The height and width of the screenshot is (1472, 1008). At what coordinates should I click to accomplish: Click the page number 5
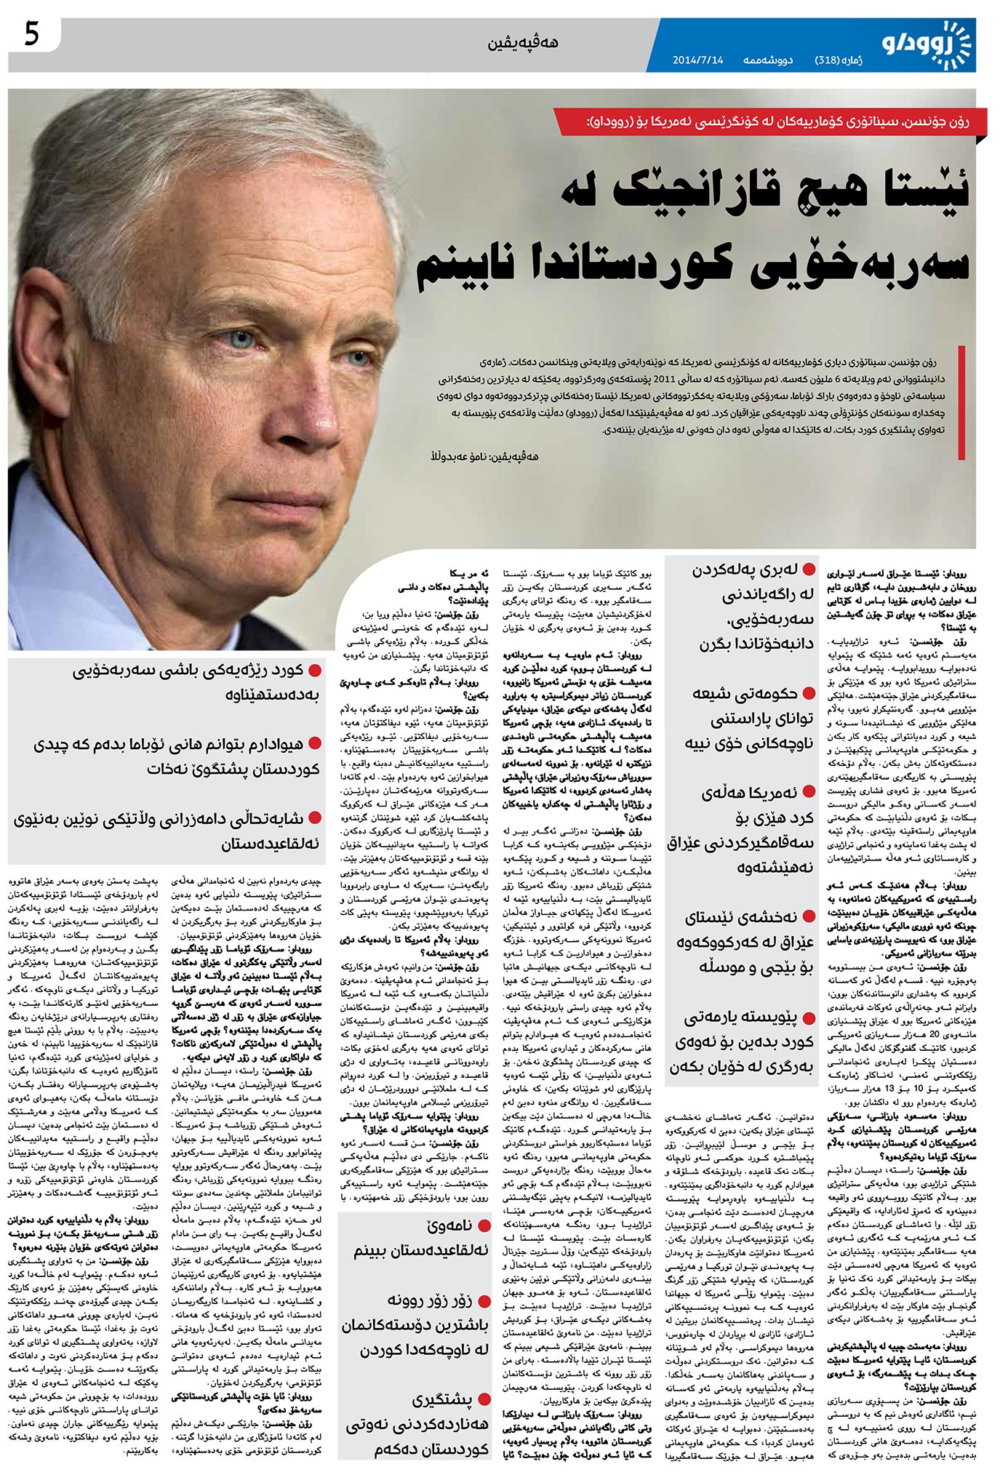(x=31, y=34)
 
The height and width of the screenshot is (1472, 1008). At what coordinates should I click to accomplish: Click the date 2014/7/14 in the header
(x=697, y=60)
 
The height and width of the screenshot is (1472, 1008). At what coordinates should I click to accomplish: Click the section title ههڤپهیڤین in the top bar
(x=523, y=43)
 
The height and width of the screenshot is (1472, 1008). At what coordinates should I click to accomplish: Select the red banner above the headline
(x=770, y=121)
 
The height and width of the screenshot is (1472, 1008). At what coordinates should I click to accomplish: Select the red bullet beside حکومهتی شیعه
(x=809, y=693)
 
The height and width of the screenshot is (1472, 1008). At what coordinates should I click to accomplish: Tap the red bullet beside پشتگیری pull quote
(x=483, y=1398)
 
